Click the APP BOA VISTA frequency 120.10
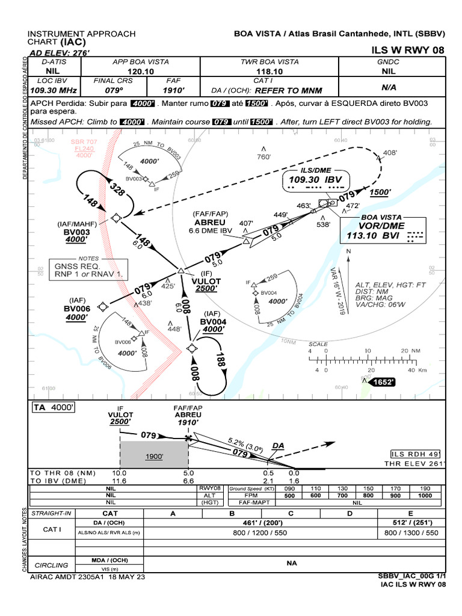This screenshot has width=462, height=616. [141, 71]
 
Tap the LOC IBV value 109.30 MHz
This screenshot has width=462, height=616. [53, 90]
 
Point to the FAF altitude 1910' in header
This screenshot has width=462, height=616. [173, 90]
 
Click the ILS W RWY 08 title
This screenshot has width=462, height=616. [409, 50]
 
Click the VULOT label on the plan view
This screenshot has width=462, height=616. [206, 280]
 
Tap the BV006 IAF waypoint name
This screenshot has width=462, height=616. [78, 309]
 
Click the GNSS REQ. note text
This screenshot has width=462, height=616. [76, 265]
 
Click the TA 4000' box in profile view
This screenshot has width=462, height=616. [54, 407]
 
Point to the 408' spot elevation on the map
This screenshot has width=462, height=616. [390, 153]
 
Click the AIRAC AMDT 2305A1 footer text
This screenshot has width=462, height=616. [87, 576]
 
